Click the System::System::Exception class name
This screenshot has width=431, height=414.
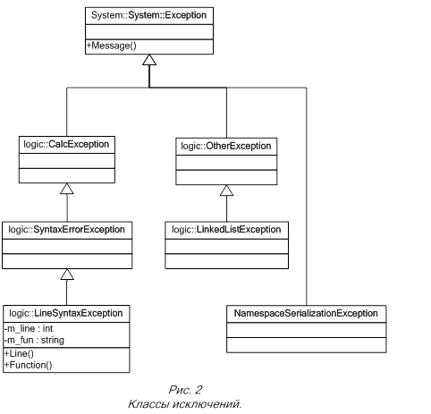pyautogui.click(x=148, y=15)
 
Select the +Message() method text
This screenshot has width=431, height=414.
pyautogui.click(x=112, y=46)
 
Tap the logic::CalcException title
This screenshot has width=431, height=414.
pyautogui.click(x=66, y=144)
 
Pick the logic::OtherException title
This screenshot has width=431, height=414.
pyautogui.click(x=226, y=146)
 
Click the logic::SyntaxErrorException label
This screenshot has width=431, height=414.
pyautogui.click(x=66, y=230)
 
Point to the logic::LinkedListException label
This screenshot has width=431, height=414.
pyautogui.click(x=226, y=230)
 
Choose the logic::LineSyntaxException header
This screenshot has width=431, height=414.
pyautogui.click(x=66, y=313)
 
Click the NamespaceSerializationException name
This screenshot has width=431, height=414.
pyautogui.click(x=306, y=313)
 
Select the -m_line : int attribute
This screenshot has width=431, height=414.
pyautogui.click(x=29, y=328)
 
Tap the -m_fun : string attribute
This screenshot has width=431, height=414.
pyautogui.click(x=34, y=340)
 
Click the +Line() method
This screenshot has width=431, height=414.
pyautogui.click(x=19, y=353)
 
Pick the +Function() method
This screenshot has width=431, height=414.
pyautogui.click(x=28, y=365)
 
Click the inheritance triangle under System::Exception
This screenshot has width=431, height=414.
pyautogui.click(x=149, y=60)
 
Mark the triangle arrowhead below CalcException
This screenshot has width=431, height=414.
pyautogui.click(x=67, y=189)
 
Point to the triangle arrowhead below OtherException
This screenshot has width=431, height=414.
pyautogui.click(x=226, y=190)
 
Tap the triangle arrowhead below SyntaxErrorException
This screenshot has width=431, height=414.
pyautogui.click(x=67, y=275)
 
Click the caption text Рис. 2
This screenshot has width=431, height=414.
pyautogui.click(x=185, y=390)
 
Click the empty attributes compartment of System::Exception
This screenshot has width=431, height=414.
pyautogui.click(x=149, y=32)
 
